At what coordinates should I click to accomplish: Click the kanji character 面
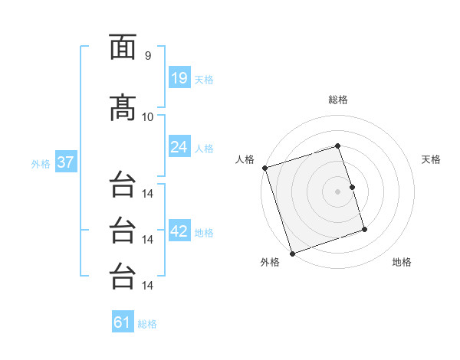click(123, 48)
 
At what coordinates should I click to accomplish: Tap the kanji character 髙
click(123, 108)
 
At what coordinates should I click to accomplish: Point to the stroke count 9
click(147, 56)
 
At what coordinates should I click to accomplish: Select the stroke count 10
click(147, 116)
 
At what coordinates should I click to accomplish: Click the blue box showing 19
click(179, 77)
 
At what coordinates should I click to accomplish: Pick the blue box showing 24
click(179, 146)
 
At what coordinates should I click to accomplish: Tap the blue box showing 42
click(179, 231)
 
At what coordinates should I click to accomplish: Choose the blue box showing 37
click(65, 162)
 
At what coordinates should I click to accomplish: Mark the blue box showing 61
click(123, 322)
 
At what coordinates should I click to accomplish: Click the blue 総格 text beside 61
click(147, 324)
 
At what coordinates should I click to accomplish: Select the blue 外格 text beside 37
click(40, 163)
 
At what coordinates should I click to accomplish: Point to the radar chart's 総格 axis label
click(338, 100)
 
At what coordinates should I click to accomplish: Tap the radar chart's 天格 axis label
click(432, 159)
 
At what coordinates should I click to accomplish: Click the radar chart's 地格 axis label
click(402, 262)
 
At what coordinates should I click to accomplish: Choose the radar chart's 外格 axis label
click(270, 262)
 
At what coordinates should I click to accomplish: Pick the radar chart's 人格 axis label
click(245, 159)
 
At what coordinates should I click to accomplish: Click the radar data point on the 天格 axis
click(352, 187)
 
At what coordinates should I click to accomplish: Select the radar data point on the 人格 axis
click(264, 168)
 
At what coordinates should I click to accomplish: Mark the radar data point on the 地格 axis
click(365, 230)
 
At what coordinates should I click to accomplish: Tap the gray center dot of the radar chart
click(338, 191)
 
